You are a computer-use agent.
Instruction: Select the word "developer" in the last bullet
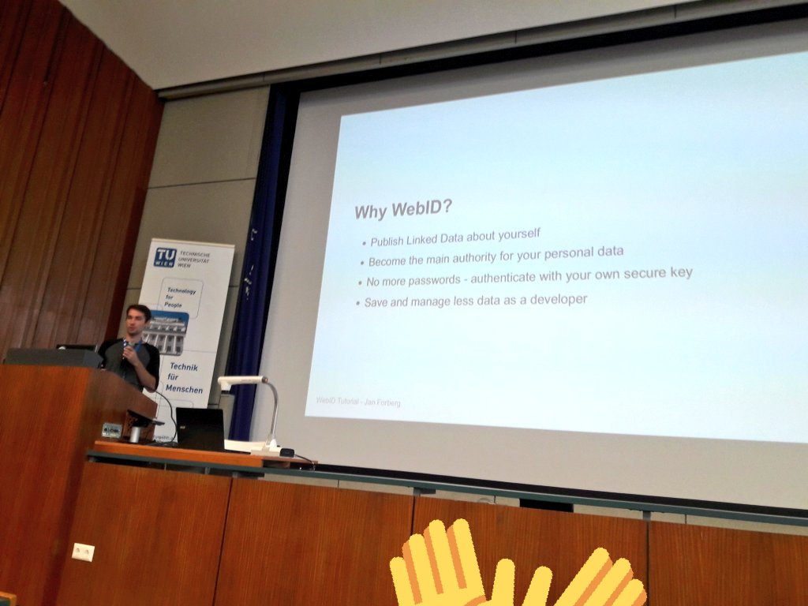point(559,299)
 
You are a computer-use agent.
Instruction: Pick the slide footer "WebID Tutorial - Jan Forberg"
point(358,402)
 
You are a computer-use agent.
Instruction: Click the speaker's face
point(137,321)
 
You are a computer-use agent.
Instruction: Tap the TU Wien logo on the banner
point(166,256)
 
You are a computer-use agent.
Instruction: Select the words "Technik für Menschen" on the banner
point(183,378)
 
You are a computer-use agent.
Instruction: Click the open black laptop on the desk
point(200,428)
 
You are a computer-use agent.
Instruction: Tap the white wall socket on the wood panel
point(83,552)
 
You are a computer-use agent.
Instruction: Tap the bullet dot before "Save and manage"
point(357,304)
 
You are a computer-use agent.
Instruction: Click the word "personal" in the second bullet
point(559,253)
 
